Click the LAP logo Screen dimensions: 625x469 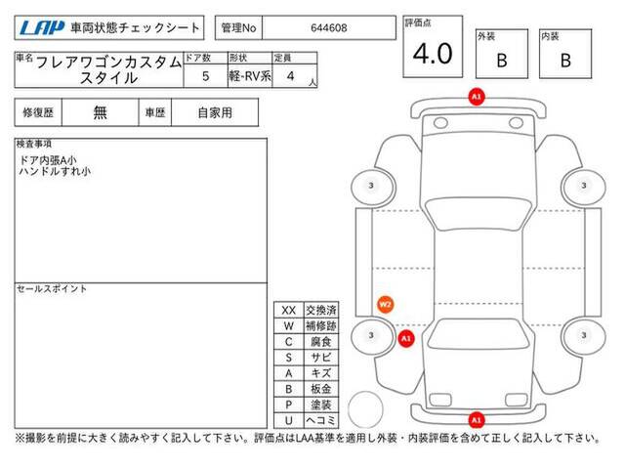tap(42, 28)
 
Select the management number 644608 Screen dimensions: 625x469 tap(329, 28)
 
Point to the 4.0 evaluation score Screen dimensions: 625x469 tap(433, 54)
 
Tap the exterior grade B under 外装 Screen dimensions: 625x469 tap(502, 61)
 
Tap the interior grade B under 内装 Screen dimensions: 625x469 tap(565, 61)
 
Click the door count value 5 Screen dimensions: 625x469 tap(206, 76)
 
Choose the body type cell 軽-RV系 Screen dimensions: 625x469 tap(250, 76)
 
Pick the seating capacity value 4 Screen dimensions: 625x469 tap(291, 76)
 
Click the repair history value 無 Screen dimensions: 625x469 tap(100, 112)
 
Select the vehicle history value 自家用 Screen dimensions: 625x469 tap(215, 113)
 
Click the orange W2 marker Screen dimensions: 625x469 tap(385, 305)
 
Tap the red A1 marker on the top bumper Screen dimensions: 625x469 tap(477, 97)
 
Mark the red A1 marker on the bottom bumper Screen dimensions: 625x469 tap(477, 420)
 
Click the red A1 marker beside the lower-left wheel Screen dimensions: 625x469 tap(406, 339)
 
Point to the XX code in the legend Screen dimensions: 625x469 tap(289, 311)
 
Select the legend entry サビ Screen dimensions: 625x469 tap(321, 358)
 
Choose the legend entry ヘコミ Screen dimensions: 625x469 tap(321, 420)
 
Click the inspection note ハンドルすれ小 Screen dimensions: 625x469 tap(55, 172)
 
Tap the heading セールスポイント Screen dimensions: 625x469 tap(52, 289)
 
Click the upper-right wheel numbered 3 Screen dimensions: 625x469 tap(583, 186)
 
